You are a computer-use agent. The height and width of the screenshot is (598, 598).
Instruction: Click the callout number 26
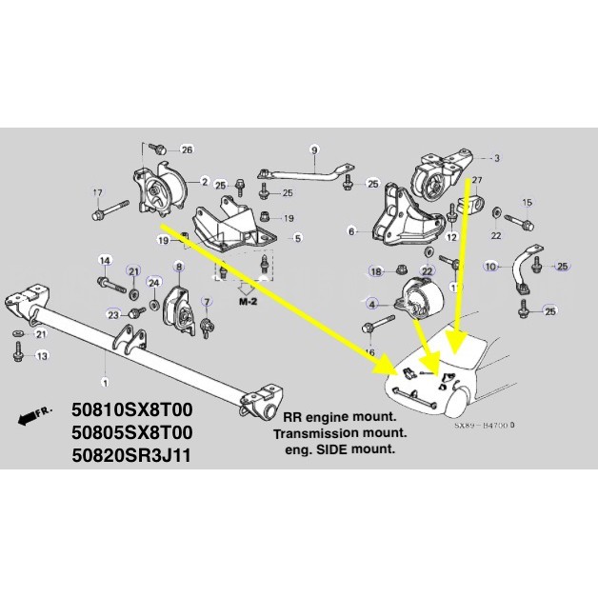[x=187, y=149]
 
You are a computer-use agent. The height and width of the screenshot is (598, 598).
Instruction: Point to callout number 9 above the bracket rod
[x=314, y=149]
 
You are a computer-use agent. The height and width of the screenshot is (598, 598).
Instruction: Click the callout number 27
[x=477, y=180]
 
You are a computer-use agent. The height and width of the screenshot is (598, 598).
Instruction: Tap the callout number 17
[x=96, y=193]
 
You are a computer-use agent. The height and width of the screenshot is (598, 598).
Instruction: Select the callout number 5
[x=298, y=238]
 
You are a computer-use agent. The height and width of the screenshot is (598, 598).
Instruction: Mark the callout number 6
[x=351, y=231]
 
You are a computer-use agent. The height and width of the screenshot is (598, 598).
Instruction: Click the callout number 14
[x=105, y=260]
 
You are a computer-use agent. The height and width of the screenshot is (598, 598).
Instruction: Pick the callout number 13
[x=41, y=356]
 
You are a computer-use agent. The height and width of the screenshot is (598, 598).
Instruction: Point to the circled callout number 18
[x=375, y=271]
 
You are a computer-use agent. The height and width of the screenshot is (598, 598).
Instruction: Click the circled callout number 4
[x=370, y=304]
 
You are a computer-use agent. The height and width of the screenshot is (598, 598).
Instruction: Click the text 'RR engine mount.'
[x=340, y=416]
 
